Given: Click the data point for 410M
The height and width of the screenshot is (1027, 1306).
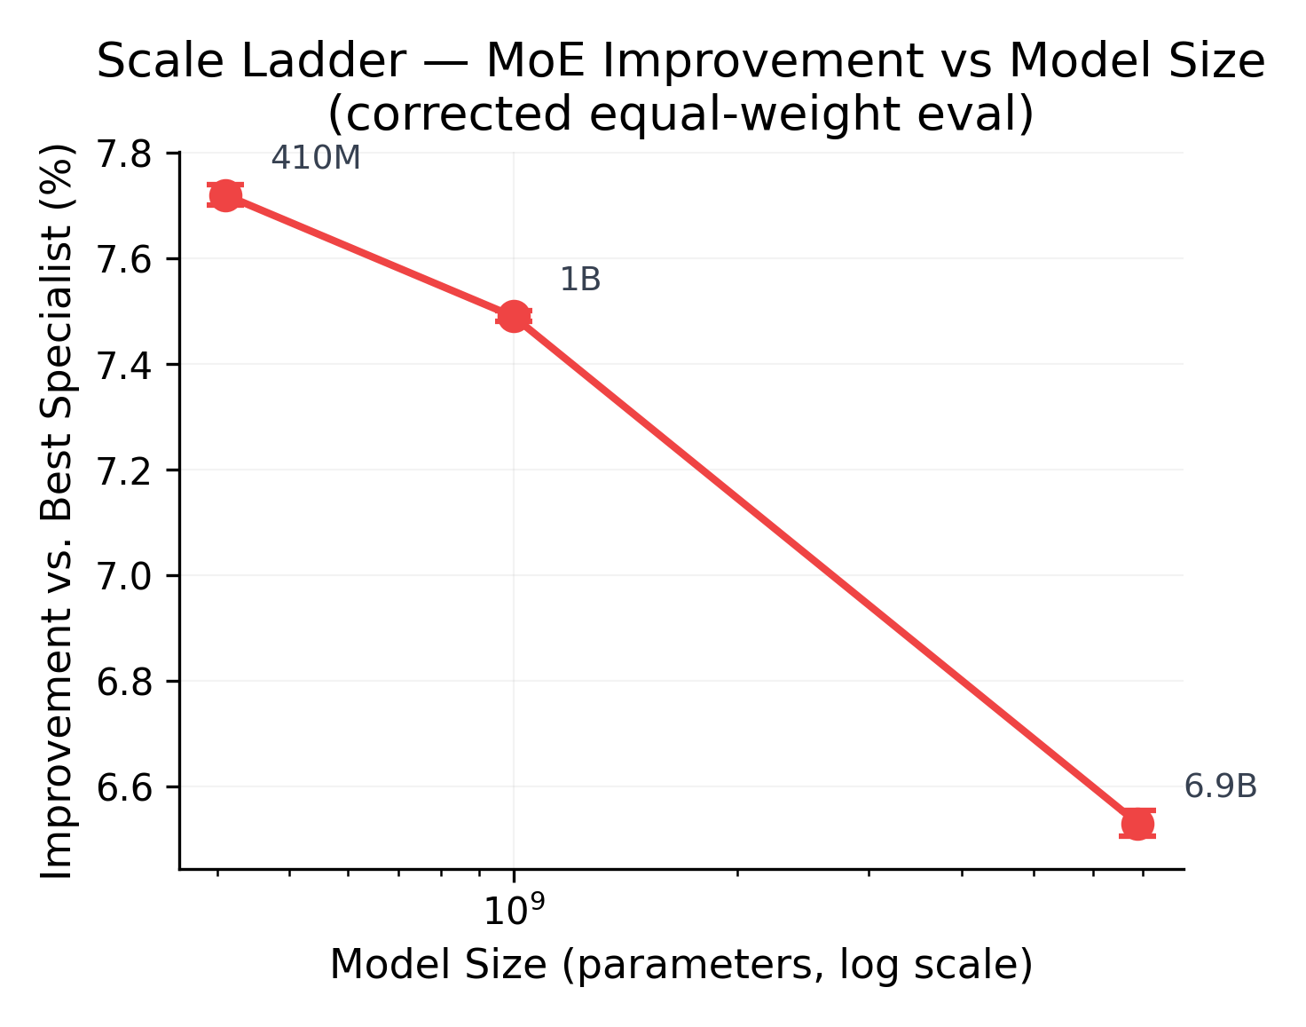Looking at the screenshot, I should point(225,195).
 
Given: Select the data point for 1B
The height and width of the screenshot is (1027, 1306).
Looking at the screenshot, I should point(513,316).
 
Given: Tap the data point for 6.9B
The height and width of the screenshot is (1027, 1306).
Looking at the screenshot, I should point(1137,824).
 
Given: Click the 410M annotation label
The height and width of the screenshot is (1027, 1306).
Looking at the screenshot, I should point(316,159).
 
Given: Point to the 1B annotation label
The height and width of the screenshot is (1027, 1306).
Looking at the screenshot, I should point(580,280).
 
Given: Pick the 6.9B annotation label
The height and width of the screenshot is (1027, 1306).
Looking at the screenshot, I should point(1220,787).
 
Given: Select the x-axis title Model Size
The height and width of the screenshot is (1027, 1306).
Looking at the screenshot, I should point(681,966).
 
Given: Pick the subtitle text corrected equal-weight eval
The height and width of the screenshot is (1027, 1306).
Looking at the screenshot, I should point(681,114).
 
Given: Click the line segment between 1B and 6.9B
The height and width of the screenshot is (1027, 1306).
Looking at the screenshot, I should point(825,570).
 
